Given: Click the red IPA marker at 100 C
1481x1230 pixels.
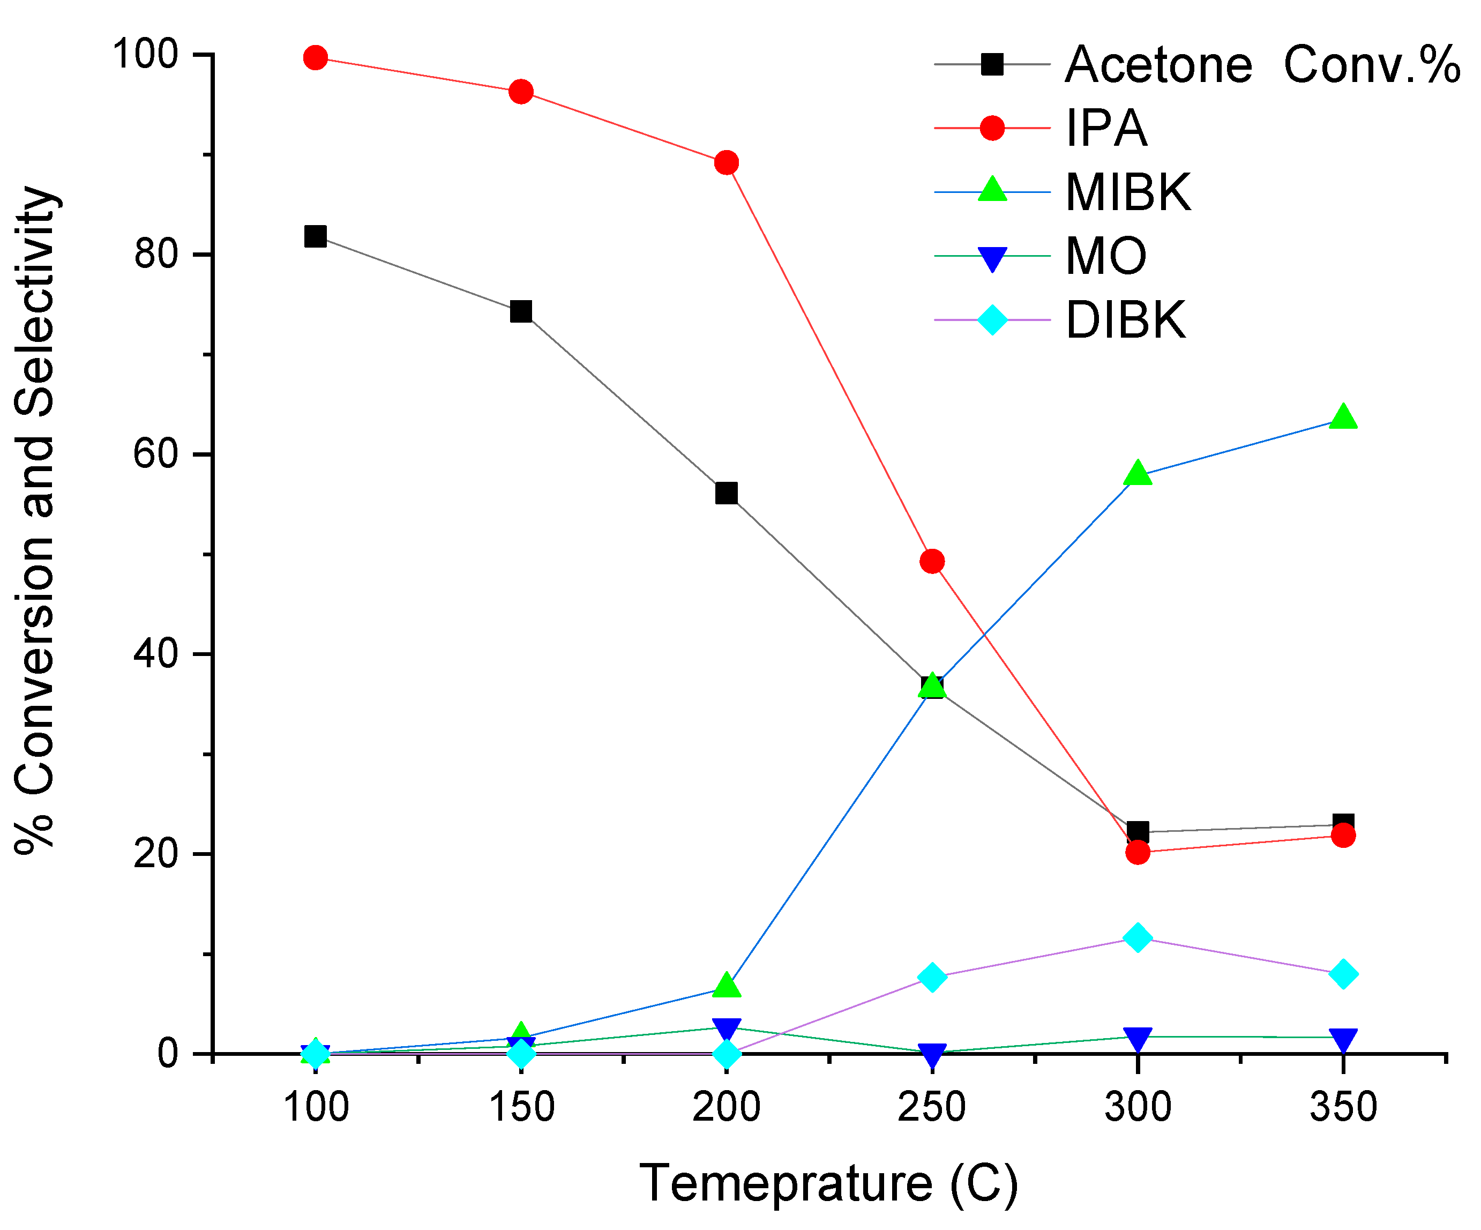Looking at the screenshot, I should [315, 58].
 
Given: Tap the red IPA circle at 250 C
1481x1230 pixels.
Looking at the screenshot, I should [932, 561].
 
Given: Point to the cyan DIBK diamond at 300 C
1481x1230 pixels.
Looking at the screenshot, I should [1138, 938].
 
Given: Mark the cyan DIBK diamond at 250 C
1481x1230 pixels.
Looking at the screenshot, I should [932, 978].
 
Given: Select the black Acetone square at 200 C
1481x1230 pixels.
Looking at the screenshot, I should [727, 493].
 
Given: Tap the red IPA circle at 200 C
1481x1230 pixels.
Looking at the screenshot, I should [727, 163].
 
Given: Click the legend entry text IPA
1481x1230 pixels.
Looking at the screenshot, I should [1106, 129].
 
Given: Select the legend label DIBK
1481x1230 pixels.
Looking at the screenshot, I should [1126, 320].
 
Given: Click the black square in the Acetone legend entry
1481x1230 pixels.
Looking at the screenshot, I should [992, 64].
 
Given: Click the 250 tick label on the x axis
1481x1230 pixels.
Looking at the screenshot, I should [932, 1107].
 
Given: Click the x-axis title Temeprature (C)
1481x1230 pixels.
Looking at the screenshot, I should [829, 1183].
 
